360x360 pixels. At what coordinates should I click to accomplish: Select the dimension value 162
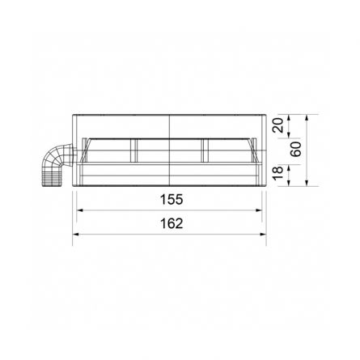tap(172, 224)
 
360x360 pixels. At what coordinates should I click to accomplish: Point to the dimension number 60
tap(298, 150)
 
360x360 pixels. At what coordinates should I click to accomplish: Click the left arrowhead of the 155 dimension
tap(79, 210)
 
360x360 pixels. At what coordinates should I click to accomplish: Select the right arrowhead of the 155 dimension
tap(262, 210)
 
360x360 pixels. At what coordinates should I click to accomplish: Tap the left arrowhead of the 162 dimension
tap(75, 235)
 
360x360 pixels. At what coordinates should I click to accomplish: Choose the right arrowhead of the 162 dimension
tap(266, 235)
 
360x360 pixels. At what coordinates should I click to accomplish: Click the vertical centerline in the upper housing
tap(171, 125)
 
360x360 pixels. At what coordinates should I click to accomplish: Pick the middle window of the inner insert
tap(171, 150)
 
